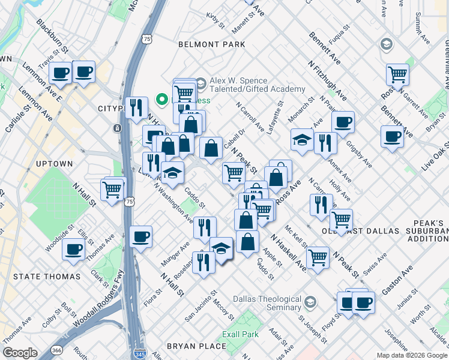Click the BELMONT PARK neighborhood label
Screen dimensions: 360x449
[212, 44]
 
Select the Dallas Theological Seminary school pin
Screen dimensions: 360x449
[310, 301]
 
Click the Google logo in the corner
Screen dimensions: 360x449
[20, 353]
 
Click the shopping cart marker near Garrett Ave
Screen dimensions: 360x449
[397, 74]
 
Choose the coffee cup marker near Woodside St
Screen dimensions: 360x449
[74, 249]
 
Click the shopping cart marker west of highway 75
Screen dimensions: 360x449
[112, 190]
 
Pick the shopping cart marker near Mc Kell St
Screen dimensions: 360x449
[318, 258]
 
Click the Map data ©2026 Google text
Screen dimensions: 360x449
[411, 355]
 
